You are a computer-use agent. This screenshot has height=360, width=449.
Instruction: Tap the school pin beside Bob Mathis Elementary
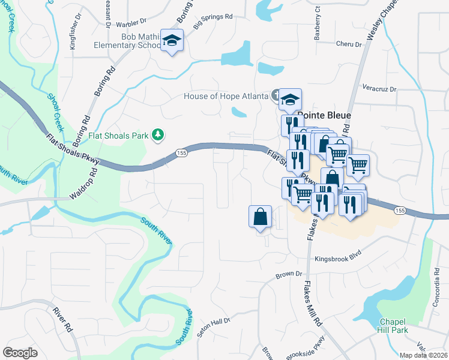coord(172,41)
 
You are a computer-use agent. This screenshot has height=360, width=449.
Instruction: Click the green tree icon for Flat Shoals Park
coord(158,135)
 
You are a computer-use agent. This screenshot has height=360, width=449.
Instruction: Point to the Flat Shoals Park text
coord(118,135)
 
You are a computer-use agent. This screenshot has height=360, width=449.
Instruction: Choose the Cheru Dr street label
coord(349,44)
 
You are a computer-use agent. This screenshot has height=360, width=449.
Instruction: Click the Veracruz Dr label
coord(380,89)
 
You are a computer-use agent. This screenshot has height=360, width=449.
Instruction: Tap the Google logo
coord(20,353)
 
